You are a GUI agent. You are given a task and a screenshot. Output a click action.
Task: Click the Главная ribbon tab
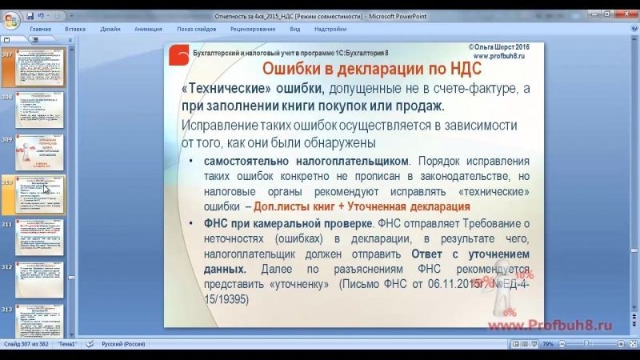tap(41, 29)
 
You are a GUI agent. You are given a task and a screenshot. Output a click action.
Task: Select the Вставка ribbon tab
tap(75, 29)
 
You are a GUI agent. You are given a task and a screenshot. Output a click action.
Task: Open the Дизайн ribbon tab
tap(110, 29)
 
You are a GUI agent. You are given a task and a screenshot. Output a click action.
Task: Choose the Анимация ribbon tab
tap(148, 29)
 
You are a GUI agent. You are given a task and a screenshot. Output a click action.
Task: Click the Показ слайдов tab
tap(196, 29)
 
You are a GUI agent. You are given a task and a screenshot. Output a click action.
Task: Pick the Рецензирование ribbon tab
tap(253, 29)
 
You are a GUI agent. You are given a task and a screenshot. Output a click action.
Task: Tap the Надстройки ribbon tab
tap(330, 29)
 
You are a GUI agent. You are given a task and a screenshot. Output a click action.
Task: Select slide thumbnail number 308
tap(39, 110)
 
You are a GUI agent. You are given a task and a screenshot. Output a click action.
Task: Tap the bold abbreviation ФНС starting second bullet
tap(217, 222)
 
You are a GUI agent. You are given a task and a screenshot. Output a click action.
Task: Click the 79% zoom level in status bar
tap(548, 344)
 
